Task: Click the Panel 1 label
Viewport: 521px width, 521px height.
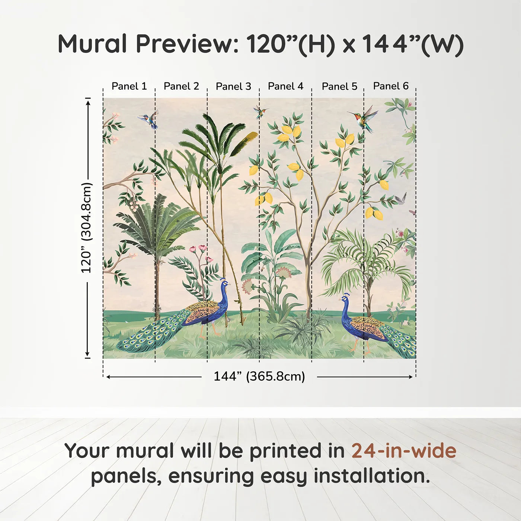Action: (129, 86)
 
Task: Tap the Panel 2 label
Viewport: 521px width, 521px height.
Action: (181, 86)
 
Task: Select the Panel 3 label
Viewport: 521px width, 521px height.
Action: (233, 86)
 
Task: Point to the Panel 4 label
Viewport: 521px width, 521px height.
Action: (285, 86)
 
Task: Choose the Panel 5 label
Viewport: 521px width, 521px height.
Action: (339, 86)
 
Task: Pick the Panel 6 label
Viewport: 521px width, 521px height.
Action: (391, 86)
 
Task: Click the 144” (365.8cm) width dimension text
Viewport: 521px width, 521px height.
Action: (259, 376)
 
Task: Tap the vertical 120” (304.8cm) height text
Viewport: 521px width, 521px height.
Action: (87, 228)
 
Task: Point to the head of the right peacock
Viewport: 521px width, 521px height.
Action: (344, 298)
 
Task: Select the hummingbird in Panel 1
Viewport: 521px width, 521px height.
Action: (149, 119)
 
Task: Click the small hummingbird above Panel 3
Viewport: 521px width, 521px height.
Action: (260, 112)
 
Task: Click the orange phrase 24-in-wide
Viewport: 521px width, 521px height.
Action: (404, 451)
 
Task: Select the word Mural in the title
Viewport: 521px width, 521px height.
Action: (92, 44)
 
